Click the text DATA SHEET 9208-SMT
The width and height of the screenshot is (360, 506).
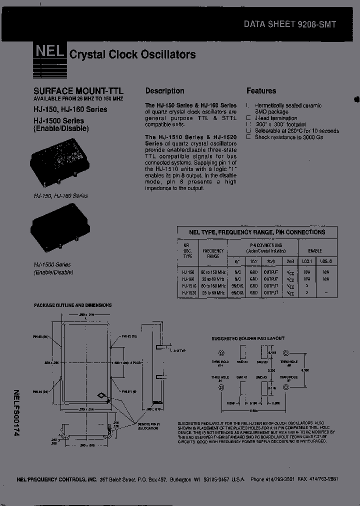290,23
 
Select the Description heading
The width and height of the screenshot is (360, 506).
164,90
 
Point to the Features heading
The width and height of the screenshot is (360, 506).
261,90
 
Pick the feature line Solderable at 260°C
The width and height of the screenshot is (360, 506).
296,131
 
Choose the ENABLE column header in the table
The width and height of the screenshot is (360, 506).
315,250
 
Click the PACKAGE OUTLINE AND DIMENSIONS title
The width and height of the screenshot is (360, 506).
72,305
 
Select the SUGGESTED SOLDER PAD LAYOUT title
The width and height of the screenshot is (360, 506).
247,339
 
